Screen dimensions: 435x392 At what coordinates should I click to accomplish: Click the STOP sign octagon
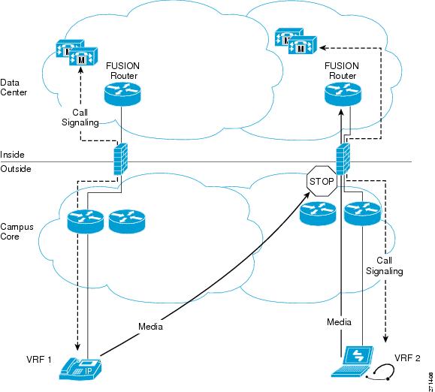click(322, 181)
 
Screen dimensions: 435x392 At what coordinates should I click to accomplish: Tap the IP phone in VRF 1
click(80, 369)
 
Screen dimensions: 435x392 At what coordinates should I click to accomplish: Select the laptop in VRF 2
click(352, 361)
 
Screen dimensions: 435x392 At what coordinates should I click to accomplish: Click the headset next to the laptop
click(380, 372)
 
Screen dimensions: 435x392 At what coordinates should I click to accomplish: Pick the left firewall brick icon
click(121, 159)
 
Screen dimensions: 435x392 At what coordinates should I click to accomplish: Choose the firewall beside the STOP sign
click(343, 159)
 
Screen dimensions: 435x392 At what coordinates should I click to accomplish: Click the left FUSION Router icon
click(122, 95)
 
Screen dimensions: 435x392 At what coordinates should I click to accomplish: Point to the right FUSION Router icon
click(343, 95)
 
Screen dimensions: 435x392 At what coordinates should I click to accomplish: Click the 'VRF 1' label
click(39, 360)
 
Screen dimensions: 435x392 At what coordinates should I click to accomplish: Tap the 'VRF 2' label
click(407, 358)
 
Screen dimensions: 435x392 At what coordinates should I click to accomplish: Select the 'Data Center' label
click(14, 87)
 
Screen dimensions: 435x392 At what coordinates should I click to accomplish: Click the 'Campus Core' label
click(17, 231)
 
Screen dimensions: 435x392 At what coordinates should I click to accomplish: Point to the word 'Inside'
click(12, 155)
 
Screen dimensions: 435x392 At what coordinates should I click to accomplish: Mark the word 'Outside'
click(16, 169)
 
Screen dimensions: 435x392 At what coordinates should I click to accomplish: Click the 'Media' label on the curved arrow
click(150, 327)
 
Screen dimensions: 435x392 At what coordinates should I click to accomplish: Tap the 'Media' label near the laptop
click(339, 322)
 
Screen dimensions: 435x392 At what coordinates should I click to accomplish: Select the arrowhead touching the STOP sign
click(307, 194)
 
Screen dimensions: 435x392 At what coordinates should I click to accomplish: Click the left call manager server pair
click(77, 53)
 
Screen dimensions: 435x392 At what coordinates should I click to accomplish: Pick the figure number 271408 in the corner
click(430, 381)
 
